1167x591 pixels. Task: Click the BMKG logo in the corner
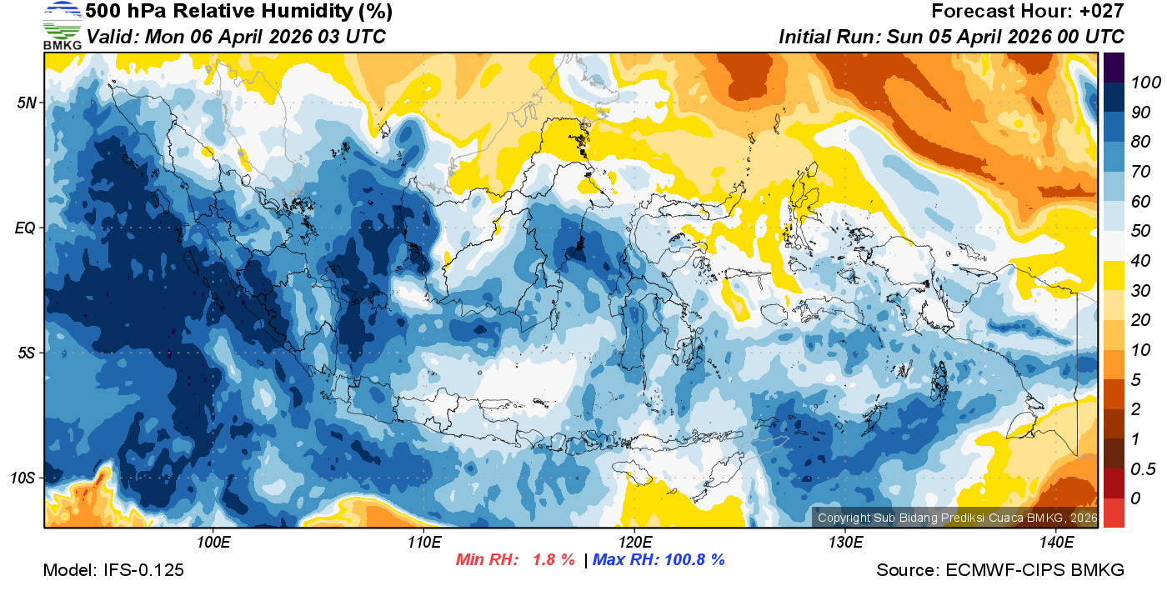point(62,25)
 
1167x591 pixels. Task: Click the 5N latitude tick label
point(27,103)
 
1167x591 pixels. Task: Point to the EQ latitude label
point(26,228)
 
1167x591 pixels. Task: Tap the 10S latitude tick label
point(23,478)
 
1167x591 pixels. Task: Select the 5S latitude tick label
point(27,353)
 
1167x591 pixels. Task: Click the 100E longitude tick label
point(213,543)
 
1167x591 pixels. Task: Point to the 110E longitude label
point(423,543)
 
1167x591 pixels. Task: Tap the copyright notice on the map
point(954,518)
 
